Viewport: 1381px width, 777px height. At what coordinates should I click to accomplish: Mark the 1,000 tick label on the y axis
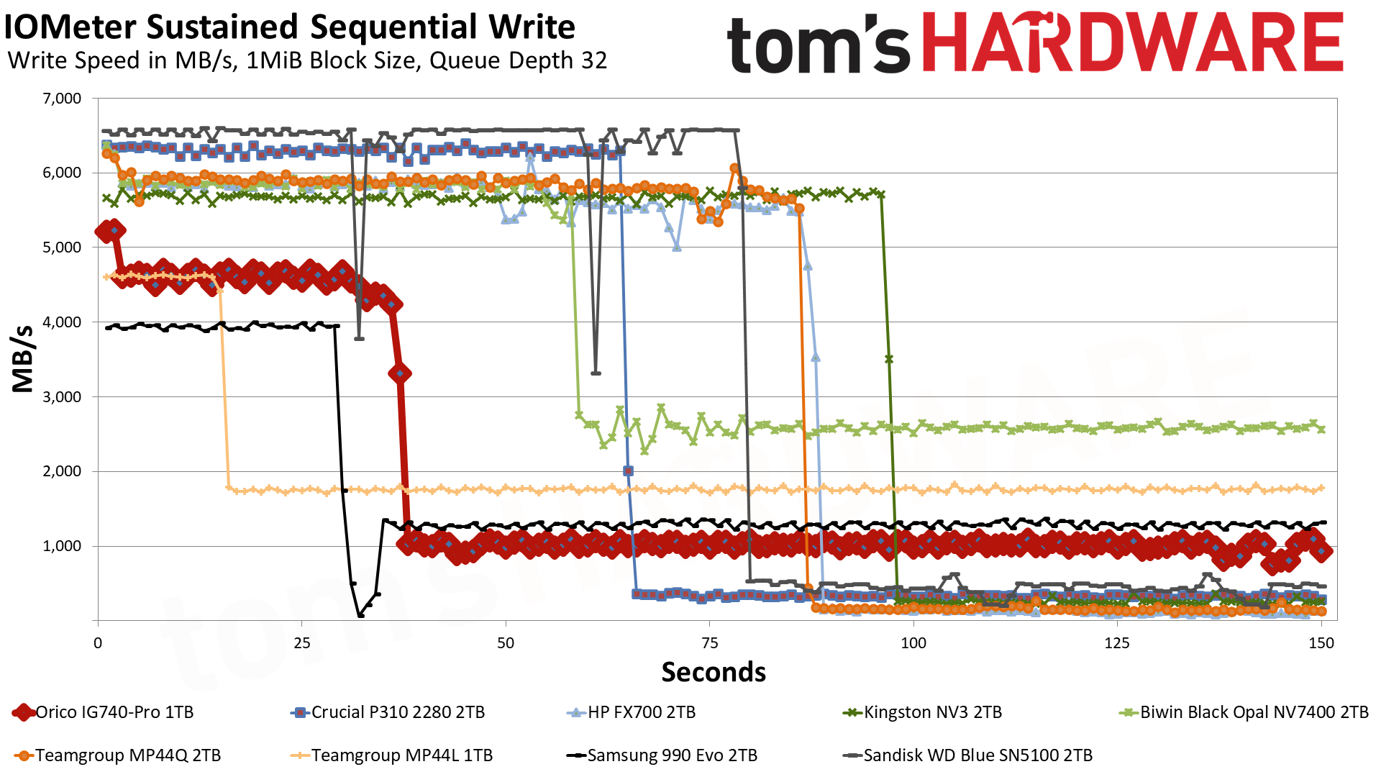(63, 546)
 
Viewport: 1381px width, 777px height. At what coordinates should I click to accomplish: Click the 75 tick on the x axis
(709, 643)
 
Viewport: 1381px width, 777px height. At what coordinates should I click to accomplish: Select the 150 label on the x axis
(1321, 643)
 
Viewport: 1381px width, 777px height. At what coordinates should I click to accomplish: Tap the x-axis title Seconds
(714, 672)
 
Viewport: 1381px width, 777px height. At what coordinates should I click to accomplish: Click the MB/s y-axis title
(23, 359)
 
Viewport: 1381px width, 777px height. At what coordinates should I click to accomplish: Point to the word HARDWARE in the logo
(1132, 42)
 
